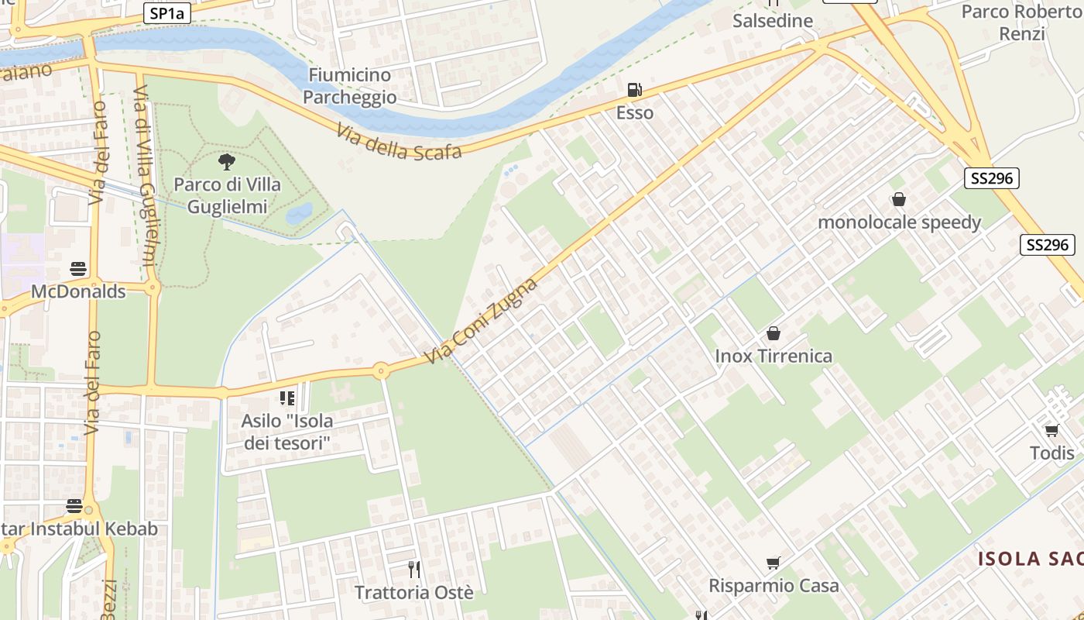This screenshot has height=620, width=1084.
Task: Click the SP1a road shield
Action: (x=166, y=13)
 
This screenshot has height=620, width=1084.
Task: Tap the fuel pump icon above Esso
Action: (x=634, y=90)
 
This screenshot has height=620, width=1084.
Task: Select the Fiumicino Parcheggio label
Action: (x=349, y=86)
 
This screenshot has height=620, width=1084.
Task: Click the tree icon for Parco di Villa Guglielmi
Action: (x=226, y=162)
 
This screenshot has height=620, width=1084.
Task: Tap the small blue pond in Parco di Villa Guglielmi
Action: (x=300, y=212)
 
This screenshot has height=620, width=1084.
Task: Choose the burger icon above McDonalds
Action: (x=78, y=269)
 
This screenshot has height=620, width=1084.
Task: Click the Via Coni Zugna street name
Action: (x=481, y=322)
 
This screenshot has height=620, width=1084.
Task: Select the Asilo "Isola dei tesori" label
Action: (x=287, y=432)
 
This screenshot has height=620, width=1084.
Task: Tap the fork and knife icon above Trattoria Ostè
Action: (x=414, y=570)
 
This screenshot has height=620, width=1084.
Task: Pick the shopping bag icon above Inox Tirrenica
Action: (x=773, y=333)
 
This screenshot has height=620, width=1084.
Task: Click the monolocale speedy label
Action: (x=899, y=222)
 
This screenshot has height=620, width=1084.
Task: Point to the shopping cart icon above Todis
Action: (x=1051, y=430)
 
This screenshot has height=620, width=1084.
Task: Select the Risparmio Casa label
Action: (x=774, y=585)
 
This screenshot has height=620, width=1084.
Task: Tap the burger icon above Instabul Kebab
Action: (x=74, y=506)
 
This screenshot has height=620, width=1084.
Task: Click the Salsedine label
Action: (x=773, y=21)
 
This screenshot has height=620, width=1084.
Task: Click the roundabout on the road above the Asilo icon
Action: (x=380, y=371)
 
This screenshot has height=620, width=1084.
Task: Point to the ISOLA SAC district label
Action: (x=1030, y=559)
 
